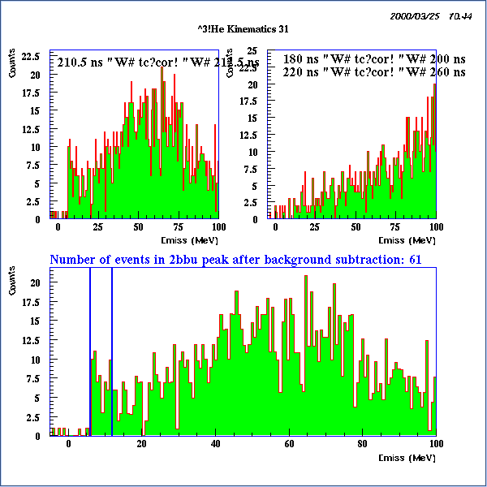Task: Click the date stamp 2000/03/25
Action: pyautogui.click(x=415, y=15)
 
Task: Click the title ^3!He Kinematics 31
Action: pyautogui.click(x=243, y=29)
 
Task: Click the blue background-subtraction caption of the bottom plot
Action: pyautogui.click(x=235, y=260)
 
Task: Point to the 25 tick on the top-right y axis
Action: pyautogui.click(x=252, y=50)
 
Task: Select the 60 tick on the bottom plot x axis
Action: pyautogui.click(x=289, y=443)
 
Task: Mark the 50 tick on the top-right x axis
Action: pyautogui.click(x=356, y=227)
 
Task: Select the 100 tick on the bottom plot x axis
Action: pyautogui.click(x=435, y=443)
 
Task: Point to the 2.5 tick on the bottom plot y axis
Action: pyautogui.click(x=34, y=416)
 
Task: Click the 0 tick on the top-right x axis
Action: pyautogui.click(x=276, y=227)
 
